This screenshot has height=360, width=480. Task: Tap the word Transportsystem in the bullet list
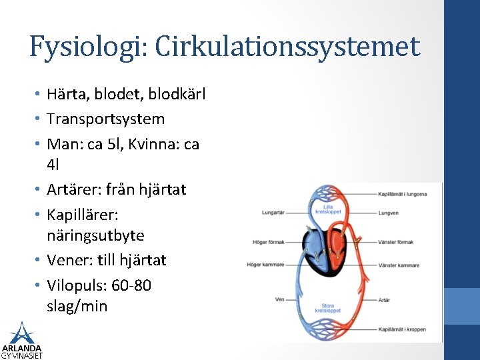pyautogui.click(x=105, y=119)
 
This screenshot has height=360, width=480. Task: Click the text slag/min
pyautogui.click(x=77, y=307)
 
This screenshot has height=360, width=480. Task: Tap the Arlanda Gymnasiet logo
pyautogui.click(x=21, y=340)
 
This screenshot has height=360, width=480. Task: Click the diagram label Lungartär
pyautogui.click(x=273, y=213)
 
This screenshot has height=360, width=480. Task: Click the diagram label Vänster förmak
pyautogui.click(x=395, y=242)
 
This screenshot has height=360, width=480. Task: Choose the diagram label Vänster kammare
pyautogui.click(x=398, y=265)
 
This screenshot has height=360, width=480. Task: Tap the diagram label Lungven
pyautogui.click(x=387, y=213)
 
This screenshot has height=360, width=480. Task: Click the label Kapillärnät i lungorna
pyautogui.click(x=402, y=194)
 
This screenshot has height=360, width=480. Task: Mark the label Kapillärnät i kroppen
pyautogui.click(x=401, y=329)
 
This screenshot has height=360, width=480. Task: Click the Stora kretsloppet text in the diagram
pyautogui.click(x=327, y=308)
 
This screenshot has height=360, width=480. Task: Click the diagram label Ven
pyautogui.click(x=280, y=299)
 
